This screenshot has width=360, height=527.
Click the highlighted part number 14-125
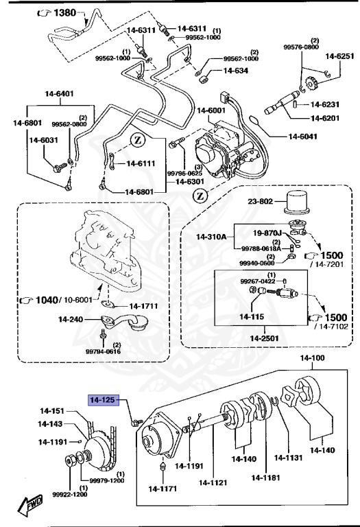click(104, 399)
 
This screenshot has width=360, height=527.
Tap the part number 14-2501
click(265, 338)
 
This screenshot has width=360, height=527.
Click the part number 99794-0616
click(103, 351)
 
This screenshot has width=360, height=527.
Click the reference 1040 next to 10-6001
click(46, 300)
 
